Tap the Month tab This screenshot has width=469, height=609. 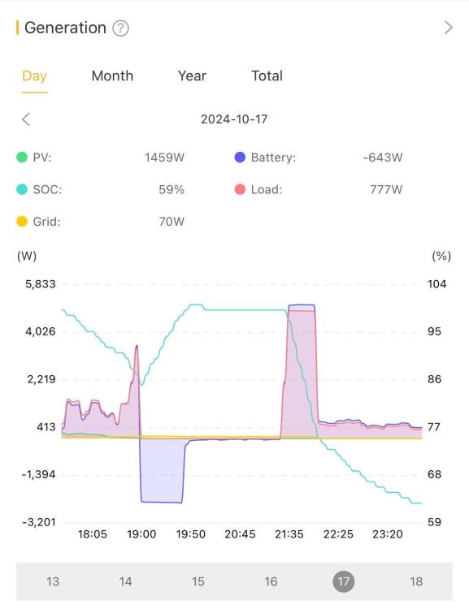(112, 76)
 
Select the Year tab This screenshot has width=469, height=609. (192, 76)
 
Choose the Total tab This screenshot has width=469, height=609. (267, 76)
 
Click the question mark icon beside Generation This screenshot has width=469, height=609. (120, 28)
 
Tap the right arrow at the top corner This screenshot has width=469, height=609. (449, 28)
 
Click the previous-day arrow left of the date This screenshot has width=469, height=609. (26, 119)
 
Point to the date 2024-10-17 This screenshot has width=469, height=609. (234, 119)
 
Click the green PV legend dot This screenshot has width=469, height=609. (22, 158)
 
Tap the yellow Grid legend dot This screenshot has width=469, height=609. (22, 222)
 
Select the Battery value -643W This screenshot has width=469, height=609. (383, 158)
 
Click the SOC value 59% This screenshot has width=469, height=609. (172, 189)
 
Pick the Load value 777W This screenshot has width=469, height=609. (386, 189)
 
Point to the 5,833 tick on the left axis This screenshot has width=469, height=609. (41, 284)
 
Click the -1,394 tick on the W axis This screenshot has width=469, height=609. (38, 475)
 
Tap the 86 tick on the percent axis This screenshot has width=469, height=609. (434, 379)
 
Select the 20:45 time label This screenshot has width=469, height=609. (240, 534)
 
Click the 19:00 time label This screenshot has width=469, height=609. (141, 534)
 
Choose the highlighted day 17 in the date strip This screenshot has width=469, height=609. (343, 581)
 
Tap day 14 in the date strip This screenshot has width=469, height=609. (125, 581)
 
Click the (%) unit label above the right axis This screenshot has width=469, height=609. (441, 256)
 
